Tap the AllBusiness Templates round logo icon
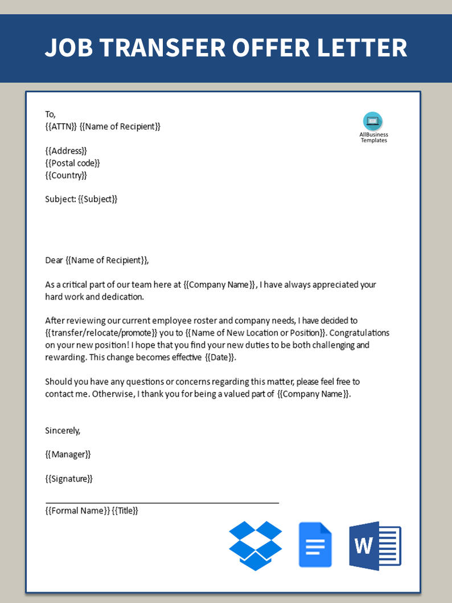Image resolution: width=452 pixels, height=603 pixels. click(x=373, y=121)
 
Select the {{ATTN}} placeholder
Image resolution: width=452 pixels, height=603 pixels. click(x=61, y=127)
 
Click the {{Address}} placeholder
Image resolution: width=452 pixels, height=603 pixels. click(x=66, y=150)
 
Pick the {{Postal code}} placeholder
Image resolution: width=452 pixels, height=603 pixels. click(x=72, y=163)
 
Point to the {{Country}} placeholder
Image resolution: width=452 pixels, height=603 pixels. click(x=66, y=175)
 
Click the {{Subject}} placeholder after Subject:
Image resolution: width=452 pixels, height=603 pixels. click(x=97, y=199)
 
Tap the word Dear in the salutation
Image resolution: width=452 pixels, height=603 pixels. click(x=55, y=260)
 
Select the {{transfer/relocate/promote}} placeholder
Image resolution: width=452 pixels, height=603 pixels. click(x=101, y=333)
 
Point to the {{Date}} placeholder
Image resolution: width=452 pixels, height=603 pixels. click(x=220, y=357)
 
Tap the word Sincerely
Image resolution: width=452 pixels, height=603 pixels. click(x=63, y=430)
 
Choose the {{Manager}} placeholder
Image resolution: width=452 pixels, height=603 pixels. click(x=68, y=454)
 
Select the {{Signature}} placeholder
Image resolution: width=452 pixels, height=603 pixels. click(x=69, y=479)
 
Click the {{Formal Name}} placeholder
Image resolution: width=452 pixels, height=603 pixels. click(x=77, y=511)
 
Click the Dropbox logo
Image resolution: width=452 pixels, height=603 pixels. click(x=256, y=545)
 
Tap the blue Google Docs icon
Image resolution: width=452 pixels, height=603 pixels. click(x=315, y=545)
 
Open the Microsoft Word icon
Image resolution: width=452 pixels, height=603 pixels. click(x=375, y=545)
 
